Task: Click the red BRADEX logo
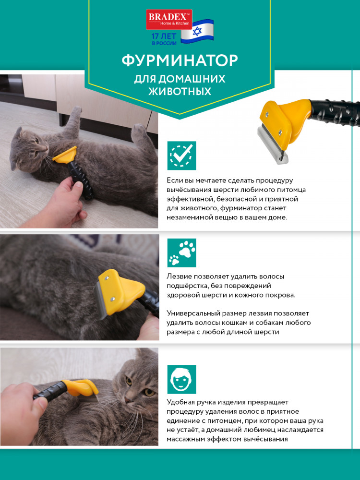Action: (169, 19)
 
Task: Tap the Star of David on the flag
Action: (197, 31)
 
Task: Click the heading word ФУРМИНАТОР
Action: (180, 60)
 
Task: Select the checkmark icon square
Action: (181, 156)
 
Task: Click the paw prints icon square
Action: (181, 253)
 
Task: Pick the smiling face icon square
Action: (181, 379)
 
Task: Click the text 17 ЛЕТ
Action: (164, 36)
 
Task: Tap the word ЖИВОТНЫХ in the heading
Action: (180, 91)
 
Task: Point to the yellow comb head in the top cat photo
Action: (65, 154)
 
